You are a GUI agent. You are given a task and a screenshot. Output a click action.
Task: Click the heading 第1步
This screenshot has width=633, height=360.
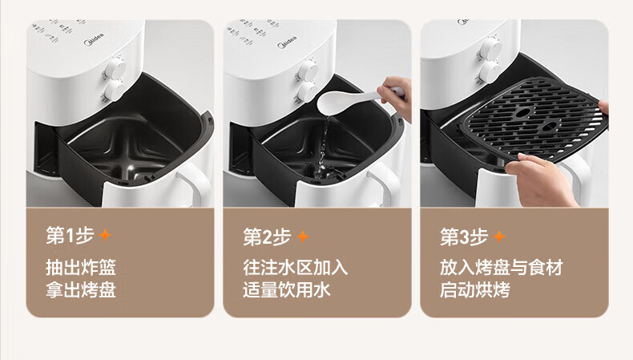[70, 236]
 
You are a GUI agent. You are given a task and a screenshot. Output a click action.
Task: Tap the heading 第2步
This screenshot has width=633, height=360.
[267, 237]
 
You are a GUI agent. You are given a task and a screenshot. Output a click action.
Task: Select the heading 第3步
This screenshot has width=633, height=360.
[464, 237]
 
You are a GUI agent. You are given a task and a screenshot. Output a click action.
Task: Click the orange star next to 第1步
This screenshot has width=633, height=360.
[105, 235]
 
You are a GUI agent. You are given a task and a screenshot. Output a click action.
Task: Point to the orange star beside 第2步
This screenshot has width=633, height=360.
[303, 237]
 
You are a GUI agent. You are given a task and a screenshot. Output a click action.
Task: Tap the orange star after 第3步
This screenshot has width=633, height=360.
[500, 237]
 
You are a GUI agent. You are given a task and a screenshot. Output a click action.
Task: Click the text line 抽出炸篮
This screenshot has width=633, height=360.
[81, 268]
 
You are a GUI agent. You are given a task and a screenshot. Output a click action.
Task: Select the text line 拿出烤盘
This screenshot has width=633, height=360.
[81, 289]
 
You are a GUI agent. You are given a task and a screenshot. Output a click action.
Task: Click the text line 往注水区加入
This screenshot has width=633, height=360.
[295, 268]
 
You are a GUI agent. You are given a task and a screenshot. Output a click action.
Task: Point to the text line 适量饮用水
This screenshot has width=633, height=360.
[286, 289]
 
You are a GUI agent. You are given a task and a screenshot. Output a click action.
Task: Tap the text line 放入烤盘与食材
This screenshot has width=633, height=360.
[502, 268]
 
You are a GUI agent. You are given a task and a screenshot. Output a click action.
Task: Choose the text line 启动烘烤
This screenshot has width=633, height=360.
[475, 289]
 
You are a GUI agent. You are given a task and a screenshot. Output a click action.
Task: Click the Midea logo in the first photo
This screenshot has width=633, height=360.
[94, 39]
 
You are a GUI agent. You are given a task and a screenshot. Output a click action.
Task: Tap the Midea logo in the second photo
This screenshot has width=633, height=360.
[287, 42]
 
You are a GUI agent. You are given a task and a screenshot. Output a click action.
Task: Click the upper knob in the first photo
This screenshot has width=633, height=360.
[115, 67]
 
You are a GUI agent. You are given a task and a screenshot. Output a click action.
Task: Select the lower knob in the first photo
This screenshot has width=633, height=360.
[113, 91]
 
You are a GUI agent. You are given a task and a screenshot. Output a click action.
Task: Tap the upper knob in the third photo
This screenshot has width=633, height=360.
[491, 48]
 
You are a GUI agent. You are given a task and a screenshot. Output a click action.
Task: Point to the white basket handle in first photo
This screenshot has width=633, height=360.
[194, 184]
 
